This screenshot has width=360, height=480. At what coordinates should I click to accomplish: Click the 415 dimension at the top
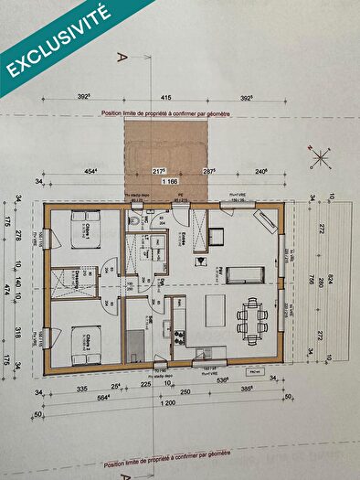coord(166,95)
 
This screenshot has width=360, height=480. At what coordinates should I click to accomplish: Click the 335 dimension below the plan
coord(81,388)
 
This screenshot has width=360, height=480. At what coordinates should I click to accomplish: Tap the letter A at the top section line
coord(120,57)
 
